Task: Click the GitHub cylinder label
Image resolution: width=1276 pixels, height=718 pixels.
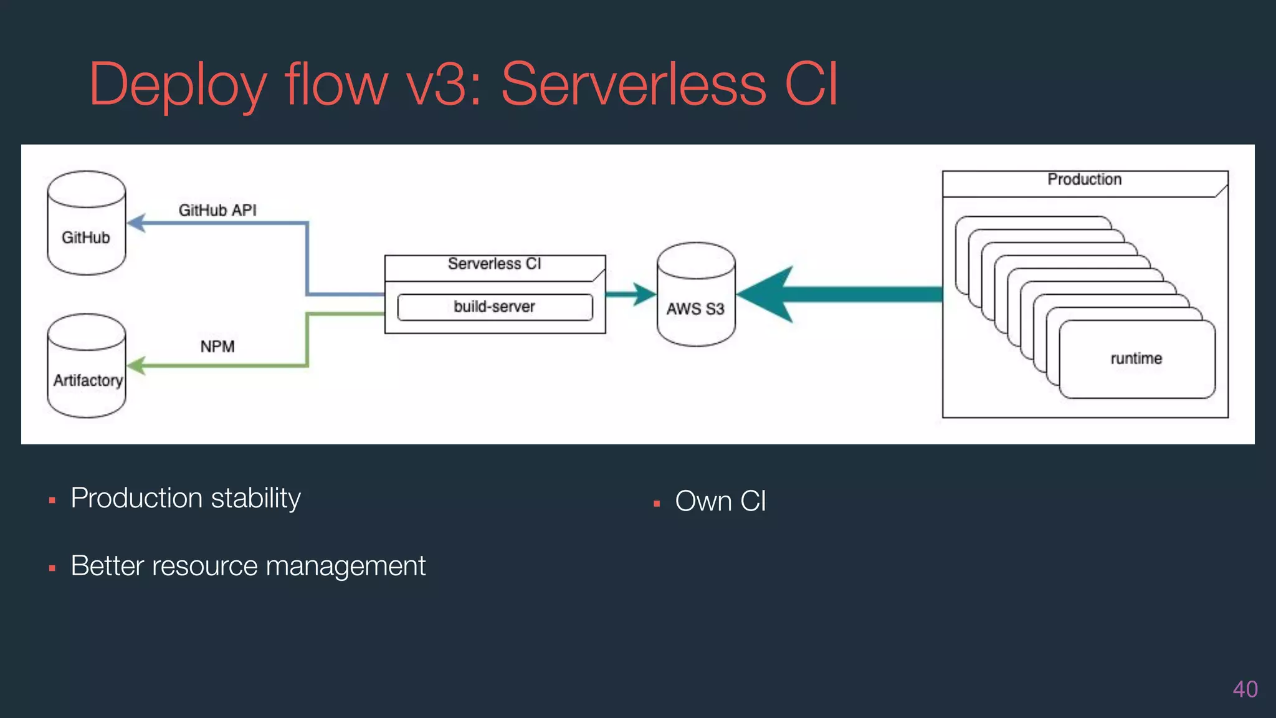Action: pos(86,237)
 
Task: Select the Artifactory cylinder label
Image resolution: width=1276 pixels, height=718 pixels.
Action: pos(88,380)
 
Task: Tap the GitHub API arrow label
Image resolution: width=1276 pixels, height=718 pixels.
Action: pos(217,210)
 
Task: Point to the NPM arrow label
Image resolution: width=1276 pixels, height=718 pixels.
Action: pos(217,347)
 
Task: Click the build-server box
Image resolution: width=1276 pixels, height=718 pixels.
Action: pos(495,307)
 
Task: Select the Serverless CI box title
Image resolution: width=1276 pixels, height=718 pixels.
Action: pos(495,264)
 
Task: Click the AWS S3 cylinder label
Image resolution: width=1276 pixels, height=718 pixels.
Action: pos(695,309)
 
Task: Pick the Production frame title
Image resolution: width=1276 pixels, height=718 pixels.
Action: pos(1084,179)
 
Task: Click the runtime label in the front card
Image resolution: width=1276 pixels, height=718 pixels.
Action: pos(1136,358)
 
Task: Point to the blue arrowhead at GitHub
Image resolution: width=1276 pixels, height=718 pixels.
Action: pos(136,223)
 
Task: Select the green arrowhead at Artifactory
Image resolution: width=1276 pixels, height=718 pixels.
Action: pos(136,365)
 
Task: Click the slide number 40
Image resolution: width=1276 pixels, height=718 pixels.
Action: pos(1245,689)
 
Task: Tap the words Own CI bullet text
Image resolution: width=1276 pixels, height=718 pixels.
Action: pos(720,501)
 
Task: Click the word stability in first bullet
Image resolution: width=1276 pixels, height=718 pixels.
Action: pos(255,499)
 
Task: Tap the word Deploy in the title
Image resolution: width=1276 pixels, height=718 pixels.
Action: pos(178,84)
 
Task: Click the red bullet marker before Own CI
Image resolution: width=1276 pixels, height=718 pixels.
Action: pos(657,504)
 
